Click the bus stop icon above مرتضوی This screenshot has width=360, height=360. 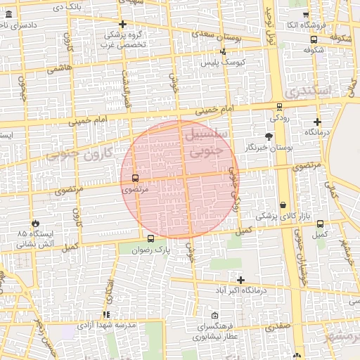point(135,179)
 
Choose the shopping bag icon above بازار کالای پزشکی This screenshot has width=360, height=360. point(283,205)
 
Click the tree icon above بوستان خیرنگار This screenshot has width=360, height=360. point(269,136)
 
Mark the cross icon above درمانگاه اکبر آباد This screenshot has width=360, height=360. point(240,280)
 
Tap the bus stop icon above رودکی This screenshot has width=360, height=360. point(280,107)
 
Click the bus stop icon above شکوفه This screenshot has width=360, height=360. point(313,40)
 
